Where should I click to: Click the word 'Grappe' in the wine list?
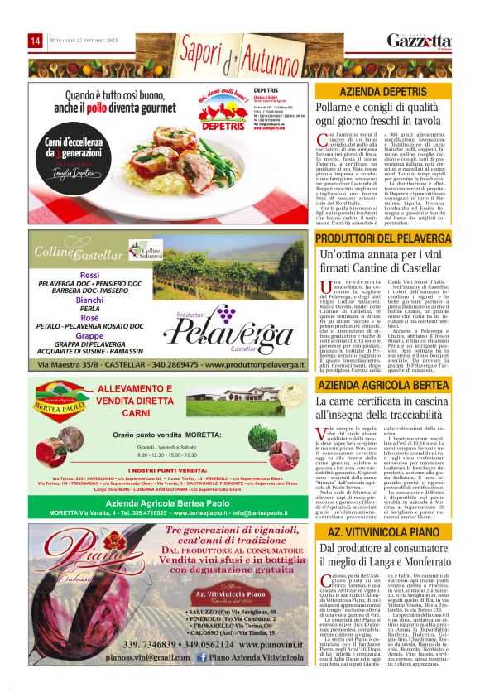point(89,336)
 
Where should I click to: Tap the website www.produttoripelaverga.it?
point(247,365)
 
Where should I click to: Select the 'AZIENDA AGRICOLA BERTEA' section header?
point(383,386)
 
